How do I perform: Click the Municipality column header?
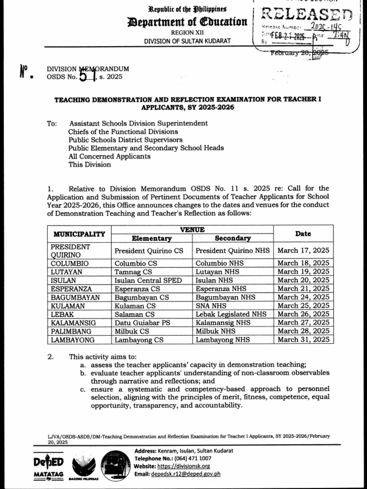[79, 234]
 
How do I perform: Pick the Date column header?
[303, 234]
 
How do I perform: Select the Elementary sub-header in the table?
[151, 238]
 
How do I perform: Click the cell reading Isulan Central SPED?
[148, 280]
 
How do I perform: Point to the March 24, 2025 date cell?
[303, 297]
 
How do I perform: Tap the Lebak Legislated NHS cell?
[231, 314]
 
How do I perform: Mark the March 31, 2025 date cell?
[303, 340]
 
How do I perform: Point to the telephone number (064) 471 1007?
[199, 458]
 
